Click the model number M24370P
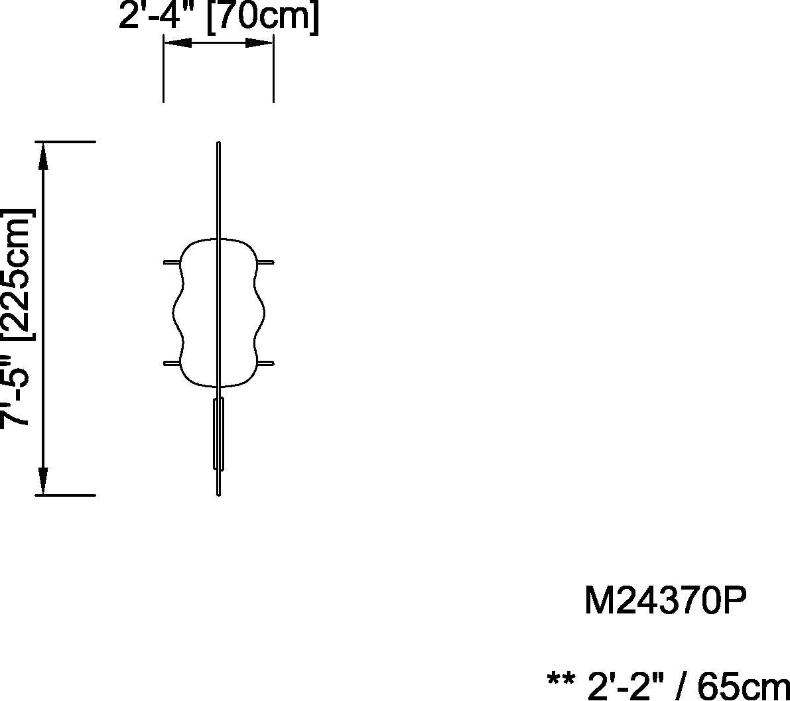665,600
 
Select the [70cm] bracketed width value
263,19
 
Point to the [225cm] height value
19,275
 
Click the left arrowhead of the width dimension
178,44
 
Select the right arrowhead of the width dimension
259,44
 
